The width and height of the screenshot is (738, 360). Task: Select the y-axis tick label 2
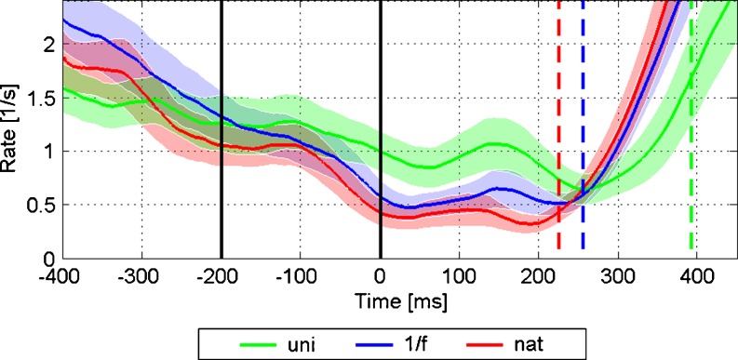click(46, 46)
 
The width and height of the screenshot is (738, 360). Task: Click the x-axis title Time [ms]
click(400, 301)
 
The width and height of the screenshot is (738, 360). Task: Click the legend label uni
click(300, 344)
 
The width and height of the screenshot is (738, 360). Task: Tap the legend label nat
click(530, 344)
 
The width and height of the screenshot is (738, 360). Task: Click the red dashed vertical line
click(558, 125)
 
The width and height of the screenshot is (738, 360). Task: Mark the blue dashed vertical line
click(583, 125)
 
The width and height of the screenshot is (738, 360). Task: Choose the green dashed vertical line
click(691, 125)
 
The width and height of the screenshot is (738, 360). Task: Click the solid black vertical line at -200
click(221, 129)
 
